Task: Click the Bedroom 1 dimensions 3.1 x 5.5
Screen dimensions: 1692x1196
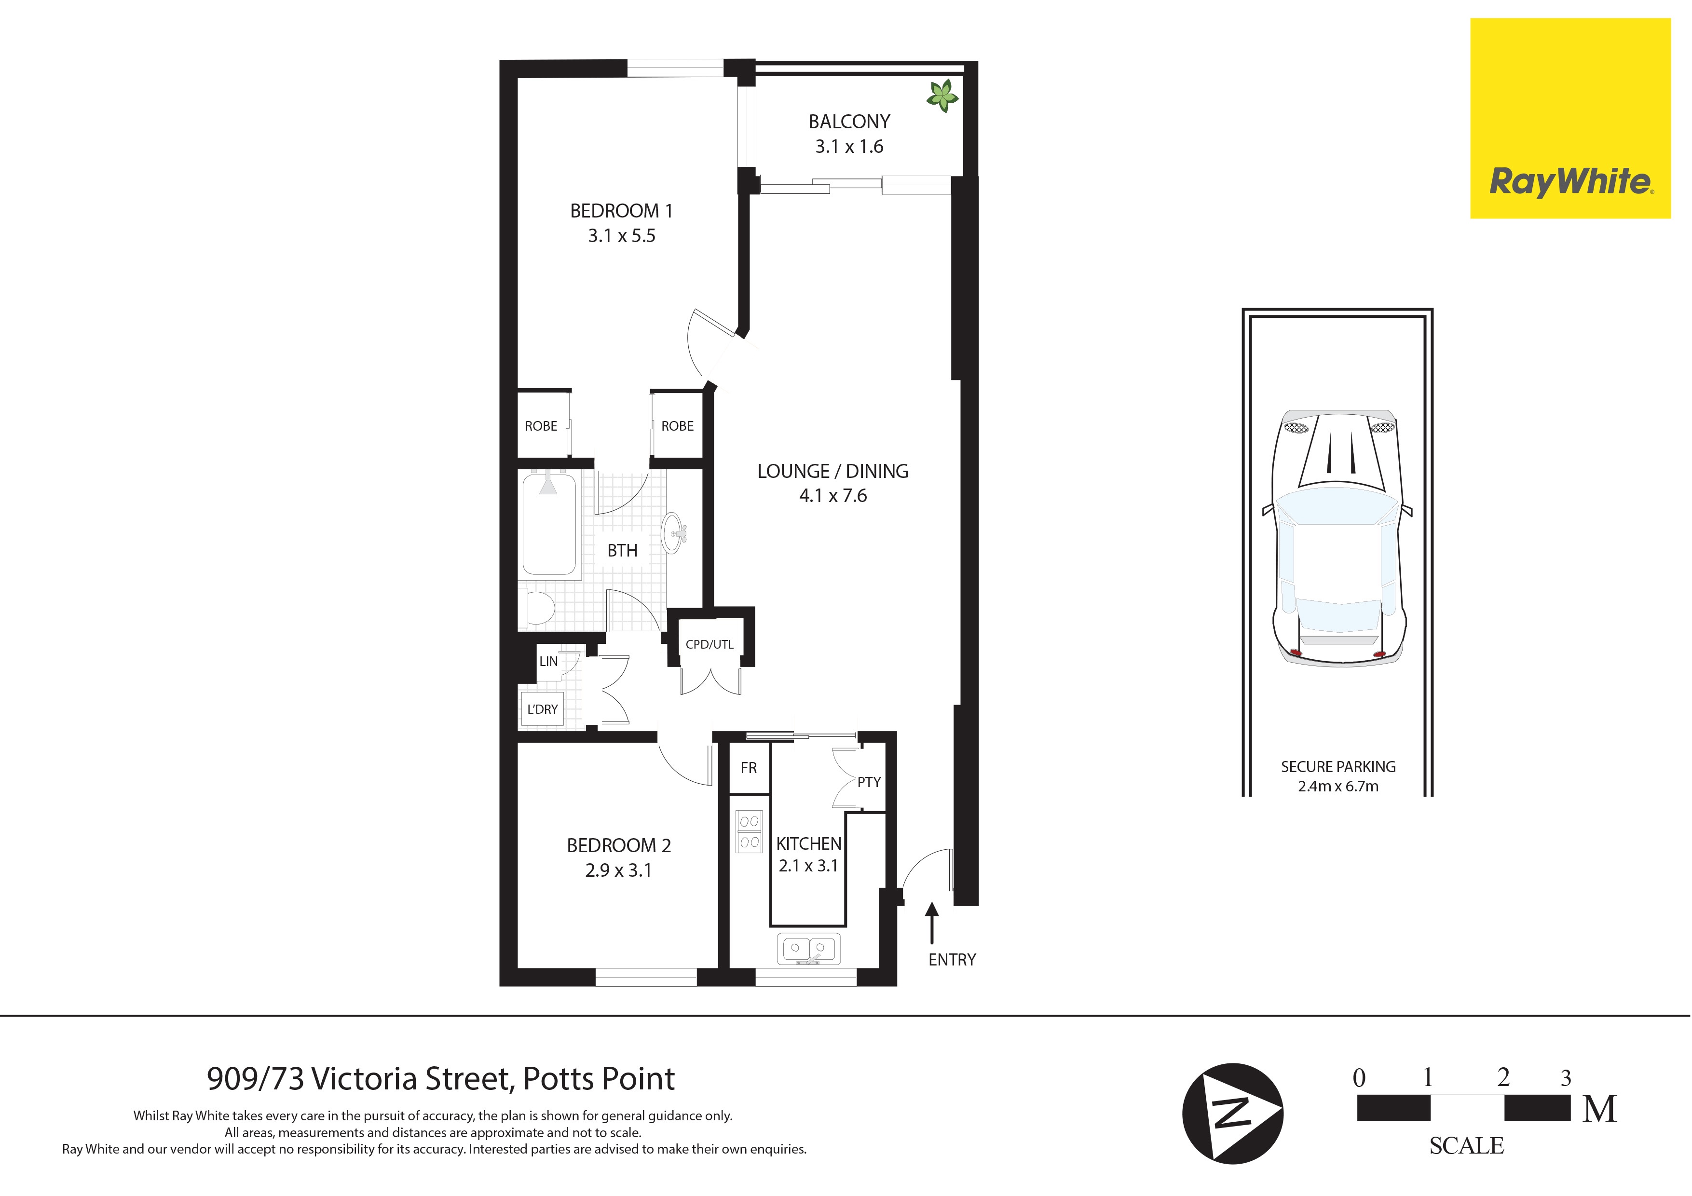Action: (x=621, y=236)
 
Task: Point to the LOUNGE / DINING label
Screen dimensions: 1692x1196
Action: (x=832, y=471)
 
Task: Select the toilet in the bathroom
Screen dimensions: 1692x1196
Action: (x=537, y=608)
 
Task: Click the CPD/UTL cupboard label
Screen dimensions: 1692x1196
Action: (x=709, y=644)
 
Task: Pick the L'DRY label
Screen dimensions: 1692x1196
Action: (x=543, y=709)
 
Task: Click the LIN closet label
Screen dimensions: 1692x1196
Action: (x=548, y=661)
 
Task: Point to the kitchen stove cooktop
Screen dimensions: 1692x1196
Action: (x=750, y=831)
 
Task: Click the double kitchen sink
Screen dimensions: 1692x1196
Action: (x=808, y=949)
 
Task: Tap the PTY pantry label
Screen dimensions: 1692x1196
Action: (x=869, y=782)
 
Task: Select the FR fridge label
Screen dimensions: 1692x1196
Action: (x=749, y=768)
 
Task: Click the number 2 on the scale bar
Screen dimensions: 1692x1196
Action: (x=1503, y=1077)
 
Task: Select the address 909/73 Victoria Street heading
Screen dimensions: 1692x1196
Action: (x=441, y=1079)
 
